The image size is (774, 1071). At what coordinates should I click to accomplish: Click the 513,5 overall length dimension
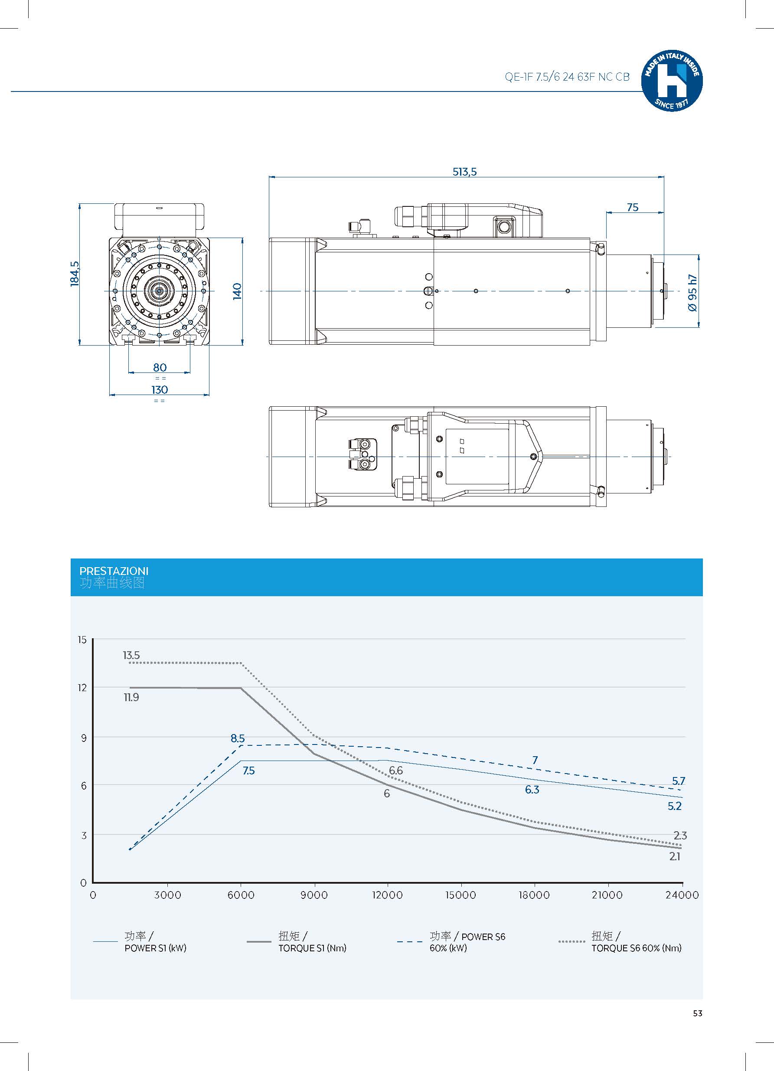tap(465, 172)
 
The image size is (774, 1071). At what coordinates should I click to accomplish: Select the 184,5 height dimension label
tap(75, 274)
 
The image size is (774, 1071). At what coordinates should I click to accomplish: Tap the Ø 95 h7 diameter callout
tap(693, 292)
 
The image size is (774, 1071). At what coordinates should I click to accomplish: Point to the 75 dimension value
tap(632, 207)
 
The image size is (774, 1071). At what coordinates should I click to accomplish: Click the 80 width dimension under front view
tap(160, 367)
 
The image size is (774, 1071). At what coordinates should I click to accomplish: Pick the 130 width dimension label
tap(160, 389)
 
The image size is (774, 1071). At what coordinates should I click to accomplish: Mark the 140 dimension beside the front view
tap(237, 291)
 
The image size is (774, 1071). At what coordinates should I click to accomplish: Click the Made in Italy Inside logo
tap(672, 81)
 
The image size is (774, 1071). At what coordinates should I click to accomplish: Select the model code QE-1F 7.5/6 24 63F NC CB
tap(567, 77)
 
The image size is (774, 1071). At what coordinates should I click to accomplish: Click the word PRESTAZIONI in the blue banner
tap(114, 571)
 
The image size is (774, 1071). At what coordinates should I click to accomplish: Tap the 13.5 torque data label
tap(131, 655)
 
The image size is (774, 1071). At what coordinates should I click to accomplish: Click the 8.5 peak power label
tap(238, 738)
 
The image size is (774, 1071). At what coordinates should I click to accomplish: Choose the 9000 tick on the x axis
tap(314, 895)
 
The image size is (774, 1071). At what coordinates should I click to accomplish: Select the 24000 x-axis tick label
tap(682, 895)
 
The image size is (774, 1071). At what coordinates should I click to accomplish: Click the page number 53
tap(698, 1013)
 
